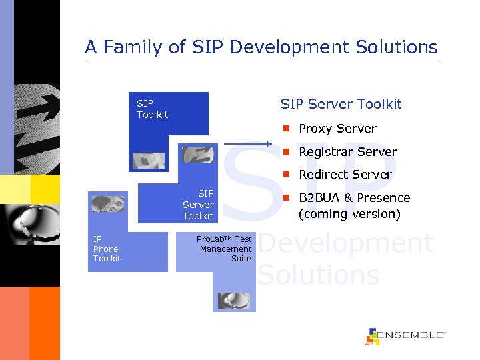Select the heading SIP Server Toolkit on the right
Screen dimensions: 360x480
point(341,104)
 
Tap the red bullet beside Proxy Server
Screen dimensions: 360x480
point(285,128)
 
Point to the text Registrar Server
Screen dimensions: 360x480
point(347,152)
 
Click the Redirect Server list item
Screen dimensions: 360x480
point(345,175)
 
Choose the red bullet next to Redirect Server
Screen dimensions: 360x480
point(285,175)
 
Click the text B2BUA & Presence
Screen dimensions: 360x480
point(354,198)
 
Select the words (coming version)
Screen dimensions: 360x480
point(349,214)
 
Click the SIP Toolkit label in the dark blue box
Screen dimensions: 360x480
point(152,109)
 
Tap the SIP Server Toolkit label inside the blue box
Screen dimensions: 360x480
point(198,205)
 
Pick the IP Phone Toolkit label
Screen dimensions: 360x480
point(107,249)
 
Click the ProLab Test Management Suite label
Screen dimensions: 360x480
point(225,249)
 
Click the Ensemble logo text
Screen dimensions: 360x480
point(413,335)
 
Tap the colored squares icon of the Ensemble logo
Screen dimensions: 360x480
point(372,336)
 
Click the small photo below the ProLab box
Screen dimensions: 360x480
point(233,300)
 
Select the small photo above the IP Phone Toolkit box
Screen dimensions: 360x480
point(107,203)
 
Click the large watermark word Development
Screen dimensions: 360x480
point(345,243)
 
